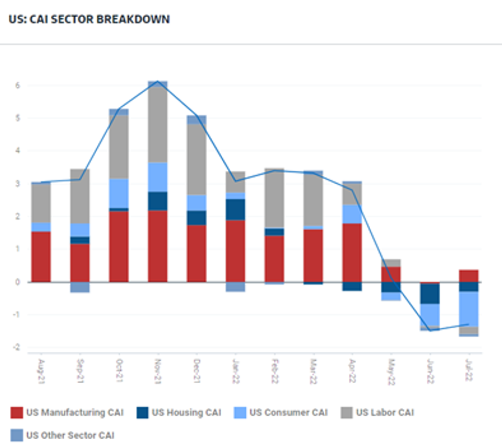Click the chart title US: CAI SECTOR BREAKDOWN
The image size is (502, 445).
89,19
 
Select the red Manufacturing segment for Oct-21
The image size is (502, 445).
119,246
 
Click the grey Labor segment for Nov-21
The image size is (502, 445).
157,125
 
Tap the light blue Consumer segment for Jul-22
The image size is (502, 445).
469,309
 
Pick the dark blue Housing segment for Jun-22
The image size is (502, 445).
430,293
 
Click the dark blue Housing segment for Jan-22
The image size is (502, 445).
235,209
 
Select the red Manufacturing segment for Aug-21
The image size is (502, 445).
41,257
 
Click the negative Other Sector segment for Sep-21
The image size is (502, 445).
80,287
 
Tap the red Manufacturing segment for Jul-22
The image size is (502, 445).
469,276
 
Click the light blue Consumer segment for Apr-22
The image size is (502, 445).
352,214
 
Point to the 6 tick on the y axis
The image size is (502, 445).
17,85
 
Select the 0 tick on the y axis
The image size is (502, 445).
17,282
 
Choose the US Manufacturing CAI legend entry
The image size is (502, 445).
67,413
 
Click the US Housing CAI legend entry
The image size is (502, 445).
179,413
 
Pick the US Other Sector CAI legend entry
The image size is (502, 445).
62,435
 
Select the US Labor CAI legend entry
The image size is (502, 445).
377,413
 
